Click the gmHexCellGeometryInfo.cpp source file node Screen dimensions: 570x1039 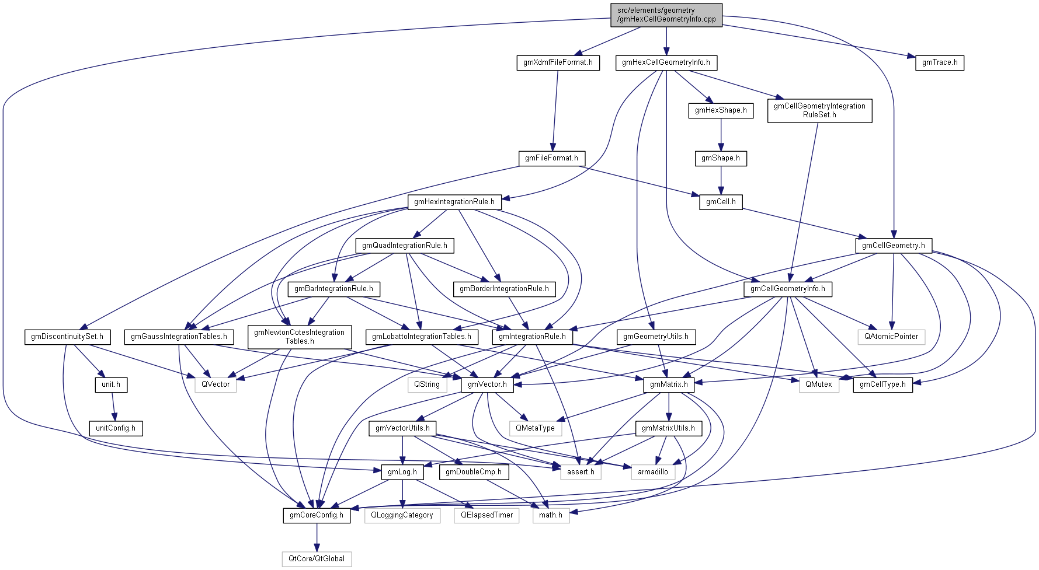click(666, 15)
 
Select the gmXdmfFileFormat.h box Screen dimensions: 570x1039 click(558, 62)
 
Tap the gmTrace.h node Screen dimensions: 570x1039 click(940, 62)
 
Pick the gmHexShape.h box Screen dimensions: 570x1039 click(721, 110)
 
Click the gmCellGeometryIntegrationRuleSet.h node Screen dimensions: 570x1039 click(819, 110)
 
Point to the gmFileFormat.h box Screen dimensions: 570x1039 click(551, 158)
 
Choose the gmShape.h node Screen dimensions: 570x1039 click(721, 158)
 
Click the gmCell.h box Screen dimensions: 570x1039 click(721, 202)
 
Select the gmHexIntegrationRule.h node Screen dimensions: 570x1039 click(454, 202)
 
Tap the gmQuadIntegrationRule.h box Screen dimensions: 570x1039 click(404, 246)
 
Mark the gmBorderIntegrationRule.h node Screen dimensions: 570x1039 click(504, 289)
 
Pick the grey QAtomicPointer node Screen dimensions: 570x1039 click(891, 337)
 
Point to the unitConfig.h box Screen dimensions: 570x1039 click(116, 428)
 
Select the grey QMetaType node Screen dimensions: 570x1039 click(535, 428)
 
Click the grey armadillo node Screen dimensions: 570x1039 click(653, 472)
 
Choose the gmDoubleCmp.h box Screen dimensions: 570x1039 click(474, 472)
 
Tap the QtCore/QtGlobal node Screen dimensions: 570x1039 click(317, 559)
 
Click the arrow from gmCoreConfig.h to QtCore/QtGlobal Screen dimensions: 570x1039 click(317, 537)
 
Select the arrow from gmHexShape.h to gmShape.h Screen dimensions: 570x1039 click(721, 135)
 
